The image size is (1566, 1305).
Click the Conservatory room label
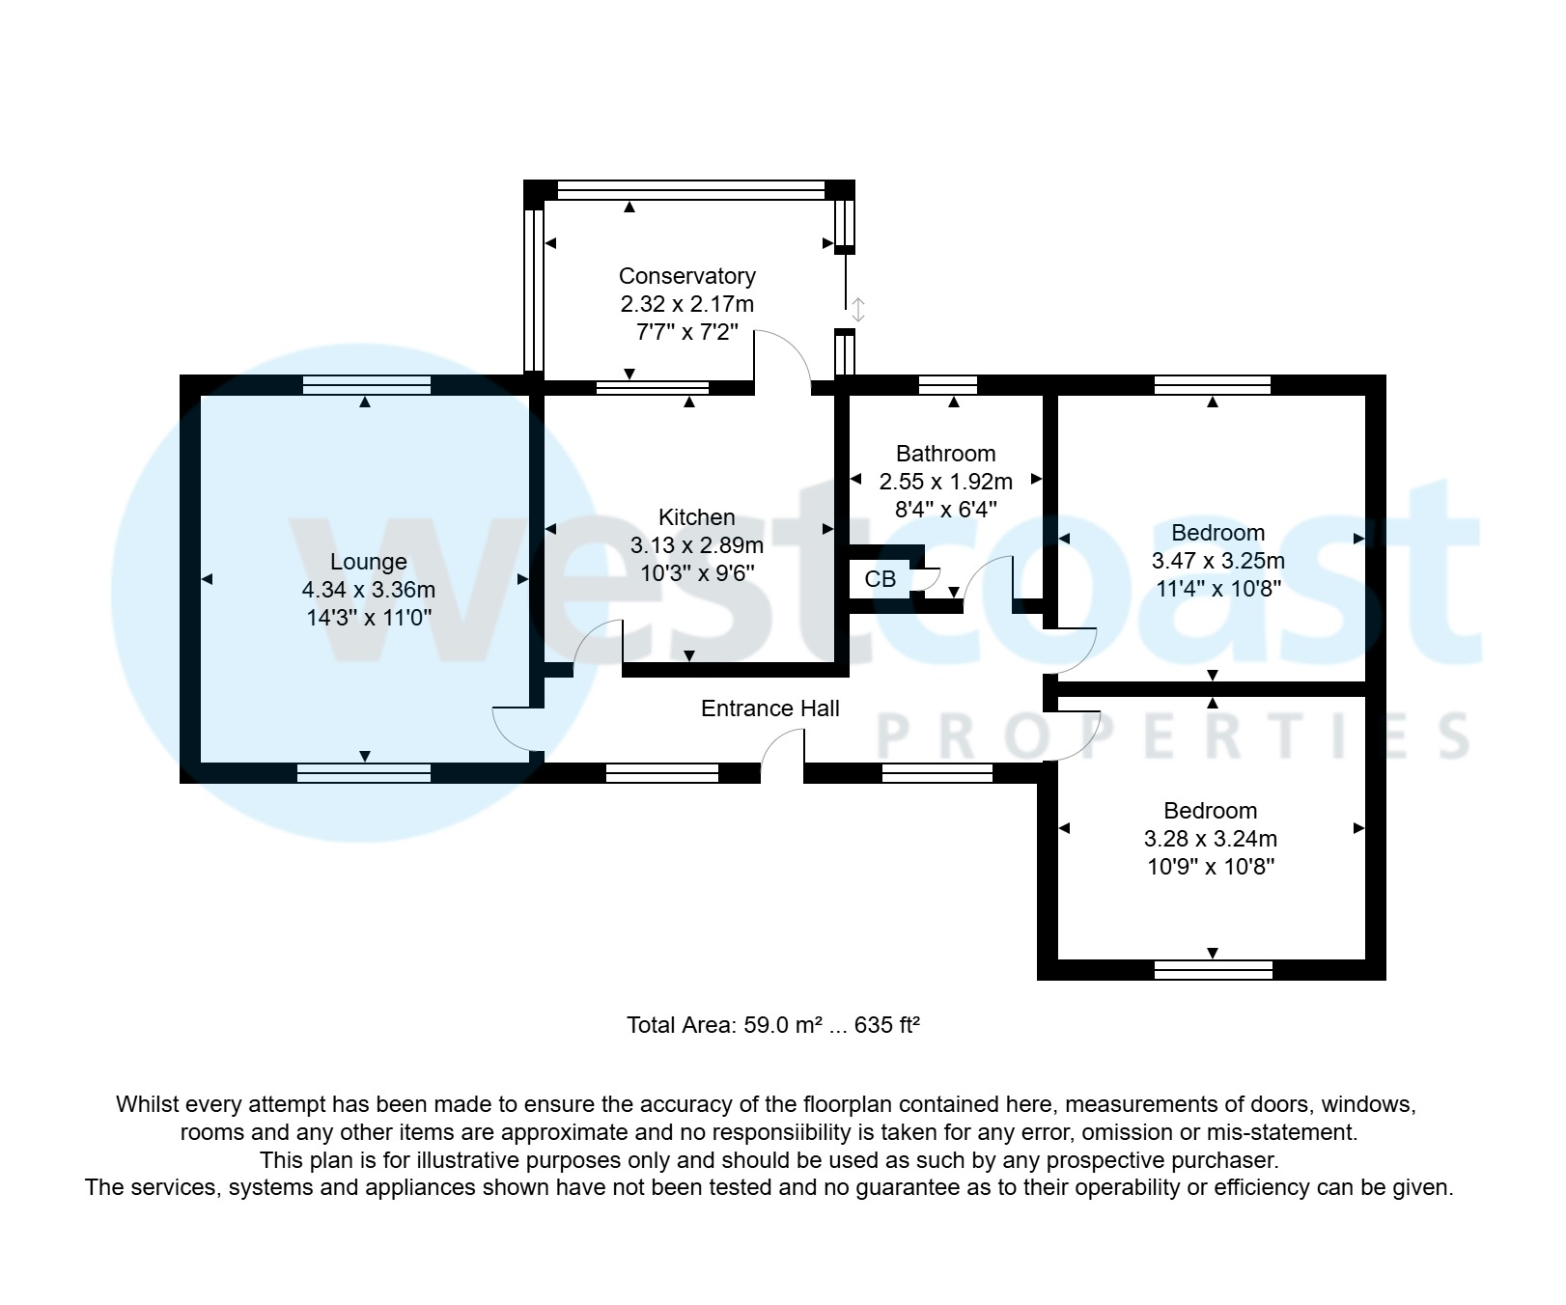(686, 276)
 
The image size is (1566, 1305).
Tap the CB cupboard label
(880, 579)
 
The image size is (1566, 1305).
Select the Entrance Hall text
(769, 708)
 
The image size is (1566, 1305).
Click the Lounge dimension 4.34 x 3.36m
(368, 590)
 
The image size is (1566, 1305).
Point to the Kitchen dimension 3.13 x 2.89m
(696, 545)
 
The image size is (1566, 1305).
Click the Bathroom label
(945, 454)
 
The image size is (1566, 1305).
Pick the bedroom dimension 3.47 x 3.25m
(1217, 561)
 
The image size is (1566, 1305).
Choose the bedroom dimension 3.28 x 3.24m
(1210, 839)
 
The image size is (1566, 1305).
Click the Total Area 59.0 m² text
(772, 1025)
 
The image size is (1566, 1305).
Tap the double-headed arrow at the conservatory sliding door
(857, 310)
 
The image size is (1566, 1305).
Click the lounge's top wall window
(366, 385)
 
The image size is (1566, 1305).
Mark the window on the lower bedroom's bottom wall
(1213, 969)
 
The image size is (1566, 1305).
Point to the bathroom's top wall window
(947, 385)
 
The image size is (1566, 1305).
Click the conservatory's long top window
(690, 190)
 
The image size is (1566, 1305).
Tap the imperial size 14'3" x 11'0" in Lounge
(368, 618)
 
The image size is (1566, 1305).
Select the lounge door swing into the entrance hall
(517, 730)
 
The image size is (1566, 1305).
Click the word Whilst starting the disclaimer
(147, 1104)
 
